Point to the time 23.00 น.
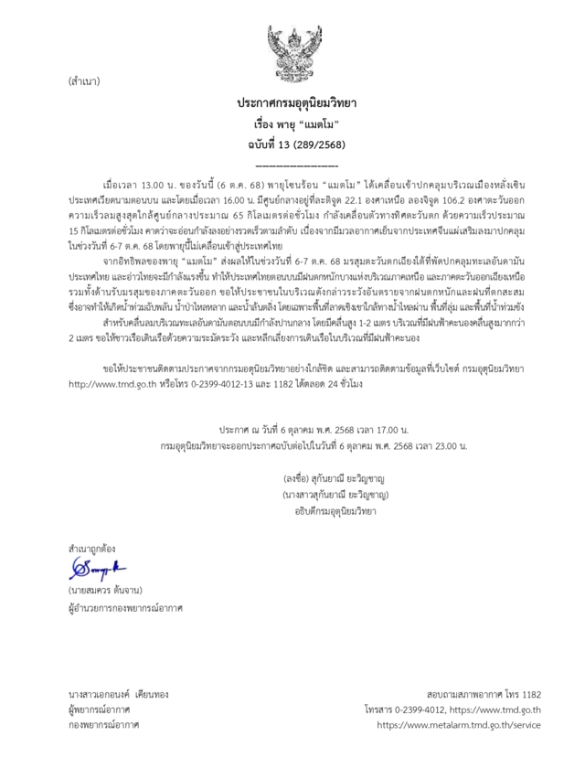tap(445, 445)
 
